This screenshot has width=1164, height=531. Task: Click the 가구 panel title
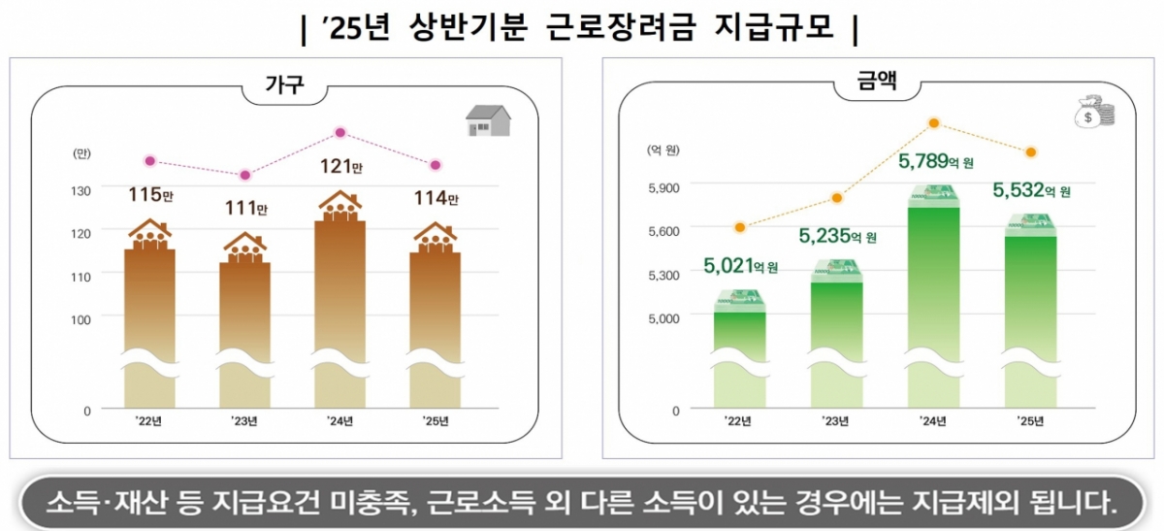click(x=285, y=86)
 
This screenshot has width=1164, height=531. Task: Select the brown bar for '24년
click(x=340, y=291)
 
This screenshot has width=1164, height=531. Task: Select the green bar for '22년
click(x=740, y=349)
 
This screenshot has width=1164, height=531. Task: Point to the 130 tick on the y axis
click(x=81, y=190)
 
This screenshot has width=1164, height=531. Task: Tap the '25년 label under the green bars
click(x=1029, y=420)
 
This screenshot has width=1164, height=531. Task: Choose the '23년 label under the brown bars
click(x=244, y=420)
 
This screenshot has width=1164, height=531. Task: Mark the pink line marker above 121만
click(x=340, y=132)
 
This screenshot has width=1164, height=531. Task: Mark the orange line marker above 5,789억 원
click(x=934, y=122)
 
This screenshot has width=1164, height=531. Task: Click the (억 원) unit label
click(x=663, y=149)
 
